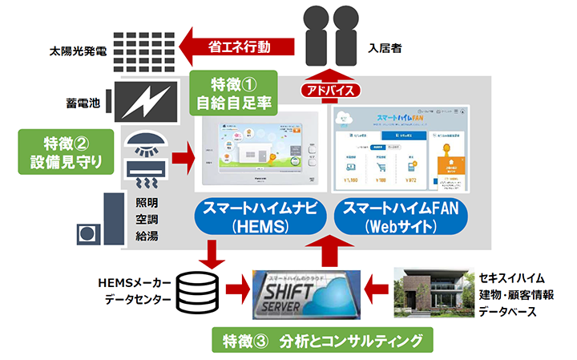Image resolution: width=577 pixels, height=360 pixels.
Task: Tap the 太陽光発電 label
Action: [x=77, y=53]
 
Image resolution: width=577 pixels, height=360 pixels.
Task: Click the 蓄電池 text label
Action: [x=83, y=103]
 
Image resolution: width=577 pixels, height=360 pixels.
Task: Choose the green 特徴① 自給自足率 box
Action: [x=233, y=92]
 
